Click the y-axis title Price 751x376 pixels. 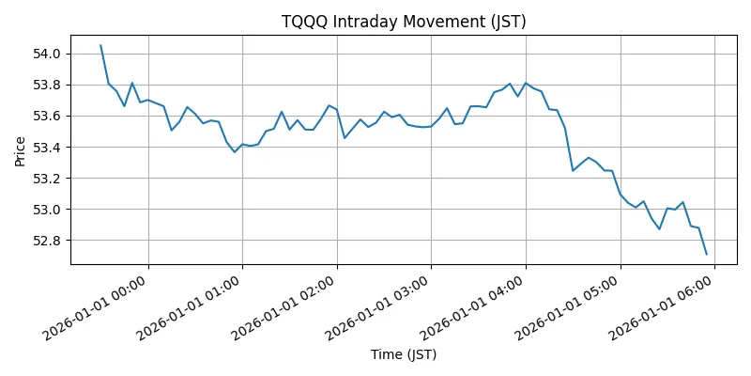pos(20,150)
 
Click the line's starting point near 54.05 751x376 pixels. pos(100,45)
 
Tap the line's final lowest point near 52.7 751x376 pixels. pos(706,254)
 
